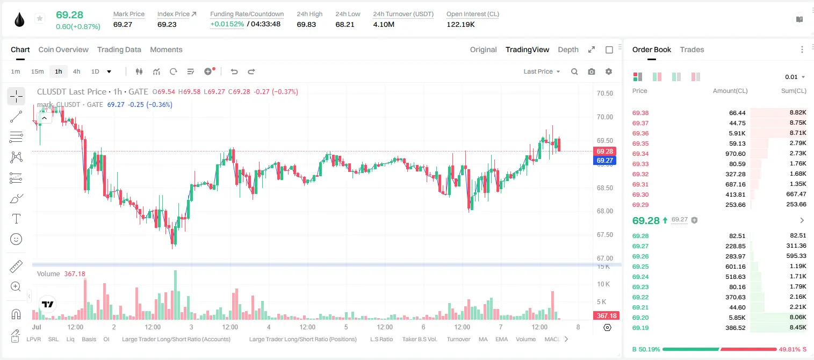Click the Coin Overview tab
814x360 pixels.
[x=63, y=49]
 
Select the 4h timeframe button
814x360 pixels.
[x=76, y=71]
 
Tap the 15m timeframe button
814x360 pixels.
[x=38, y=71]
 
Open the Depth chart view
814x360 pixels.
[x=568, y=49]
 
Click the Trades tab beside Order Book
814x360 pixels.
[x=692, y=49]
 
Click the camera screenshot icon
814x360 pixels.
[x=592, y=71]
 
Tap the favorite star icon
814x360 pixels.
[x=40, y=18]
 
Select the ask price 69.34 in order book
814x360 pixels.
[x=640, y=154]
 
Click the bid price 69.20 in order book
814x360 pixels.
[x=640, y=318]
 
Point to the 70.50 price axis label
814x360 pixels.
[x=604, y=93]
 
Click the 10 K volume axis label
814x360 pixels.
[x=603, y=284]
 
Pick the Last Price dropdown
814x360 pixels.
[x=542, y=71]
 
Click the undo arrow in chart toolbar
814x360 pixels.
[x=234, y=71]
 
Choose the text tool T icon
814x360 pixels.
[x=16, y=219]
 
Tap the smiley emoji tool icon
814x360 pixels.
[x=16, y=239]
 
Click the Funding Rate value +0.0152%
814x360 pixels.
[x=227, y=24]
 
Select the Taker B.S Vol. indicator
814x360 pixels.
[x=419, y=339]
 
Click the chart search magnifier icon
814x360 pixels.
[x=574, y=71]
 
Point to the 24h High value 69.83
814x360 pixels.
[x=306, y=24]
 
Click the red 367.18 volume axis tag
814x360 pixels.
[x=607, y=316]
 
